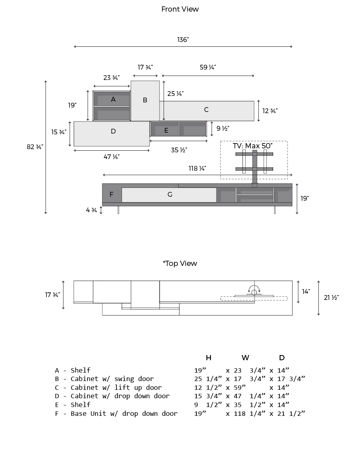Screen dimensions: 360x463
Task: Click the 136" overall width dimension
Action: [x=183, y=40]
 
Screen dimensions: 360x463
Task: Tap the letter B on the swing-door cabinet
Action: [x=145, y=100]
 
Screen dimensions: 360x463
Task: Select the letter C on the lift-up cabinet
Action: [x=206, y=110]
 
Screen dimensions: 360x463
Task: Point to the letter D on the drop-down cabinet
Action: [x=114, y=132]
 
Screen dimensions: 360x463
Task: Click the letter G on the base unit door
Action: [x=170, y=194]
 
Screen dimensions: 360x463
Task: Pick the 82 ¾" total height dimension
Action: [x=35, y=147]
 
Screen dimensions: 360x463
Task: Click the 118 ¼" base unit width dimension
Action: [x=197, y=168]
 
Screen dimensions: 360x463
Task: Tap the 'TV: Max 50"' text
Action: [x=252, y=146]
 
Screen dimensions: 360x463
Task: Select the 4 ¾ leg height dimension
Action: [x=92, y=210]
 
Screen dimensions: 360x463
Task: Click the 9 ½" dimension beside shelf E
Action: [x=223, y=128]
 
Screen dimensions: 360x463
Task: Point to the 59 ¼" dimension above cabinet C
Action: [x=208, y=67]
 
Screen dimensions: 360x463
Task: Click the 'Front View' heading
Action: [x=180, y=9]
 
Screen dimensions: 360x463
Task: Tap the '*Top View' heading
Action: [x=180, y=263]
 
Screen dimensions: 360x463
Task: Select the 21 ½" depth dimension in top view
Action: [x=331, y=297]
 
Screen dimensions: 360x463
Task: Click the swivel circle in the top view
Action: [x=254, y=292]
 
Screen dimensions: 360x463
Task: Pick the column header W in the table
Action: [x=245, y=358]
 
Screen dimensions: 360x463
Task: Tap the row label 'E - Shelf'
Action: [x=73, y=405]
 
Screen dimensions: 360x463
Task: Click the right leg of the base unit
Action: [x=275, y=210]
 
